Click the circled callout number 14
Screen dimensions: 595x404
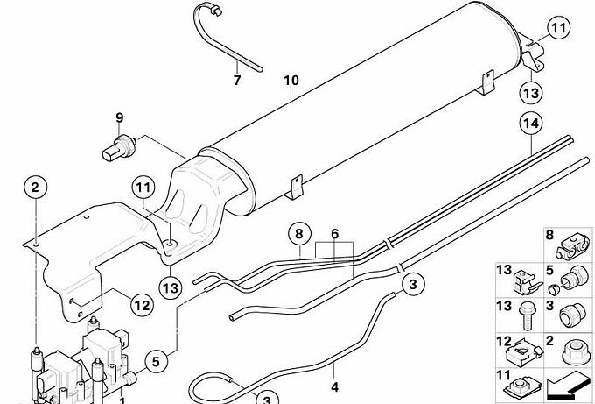[x=531, y=124]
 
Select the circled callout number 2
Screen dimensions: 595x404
[x=35, y=188]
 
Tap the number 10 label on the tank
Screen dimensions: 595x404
[x=291, y=81]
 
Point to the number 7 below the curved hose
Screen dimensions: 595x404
[x=237, y=81]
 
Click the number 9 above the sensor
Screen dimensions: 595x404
[x=120, y=117]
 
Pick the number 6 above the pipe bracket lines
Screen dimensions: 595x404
[x=334, y=234]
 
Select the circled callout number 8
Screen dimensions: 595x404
[x=299, y=234]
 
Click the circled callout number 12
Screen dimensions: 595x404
[x=143, y=305]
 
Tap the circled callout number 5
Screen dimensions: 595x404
[x=156, y=361]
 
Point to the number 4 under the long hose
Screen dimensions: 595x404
[x=334, y=386]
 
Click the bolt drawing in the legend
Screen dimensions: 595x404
[x=528, y=316]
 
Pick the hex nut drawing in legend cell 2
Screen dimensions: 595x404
[x=575, y=352]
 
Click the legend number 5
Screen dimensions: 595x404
[x=549, y=270]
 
